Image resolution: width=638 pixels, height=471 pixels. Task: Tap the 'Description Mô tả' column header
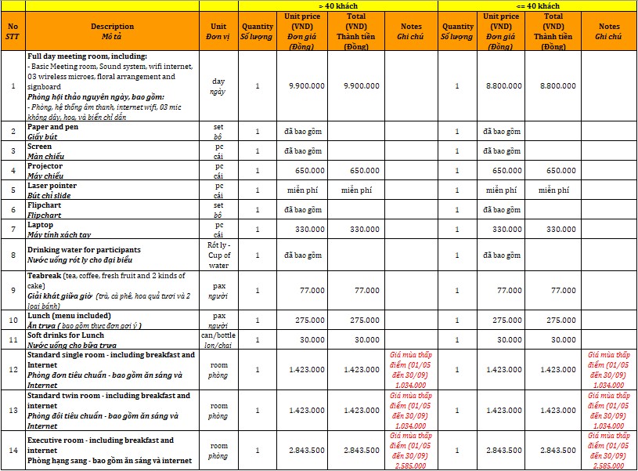tap(112, 31)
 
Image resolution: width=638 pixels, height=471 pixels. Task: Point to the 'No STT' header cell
tap(13, 31)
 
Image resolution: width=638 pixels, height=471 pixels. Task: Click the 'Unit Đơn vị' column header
tap(218, 31)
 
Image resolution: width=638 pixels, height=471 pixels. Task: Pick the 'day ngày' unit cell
tap(218, 86)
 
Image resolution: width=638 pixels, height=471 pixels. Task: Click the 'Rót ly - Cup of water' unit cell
tap(218, 255)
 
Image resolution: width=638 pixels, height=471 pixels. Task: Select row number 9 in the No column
tap(13, 291)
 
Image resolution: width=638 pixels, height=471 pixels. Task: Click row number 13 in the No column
tap(13, 411)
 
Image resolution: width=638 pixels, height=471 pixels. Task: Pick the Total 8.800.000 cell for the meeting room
tap(558, 85)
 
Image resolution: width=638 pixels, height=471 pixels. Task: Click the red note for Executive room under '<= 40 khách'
tap(608, 451)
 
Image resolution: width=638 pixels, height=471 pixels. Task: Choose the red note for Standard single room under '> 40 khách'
tap(410, 370)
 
